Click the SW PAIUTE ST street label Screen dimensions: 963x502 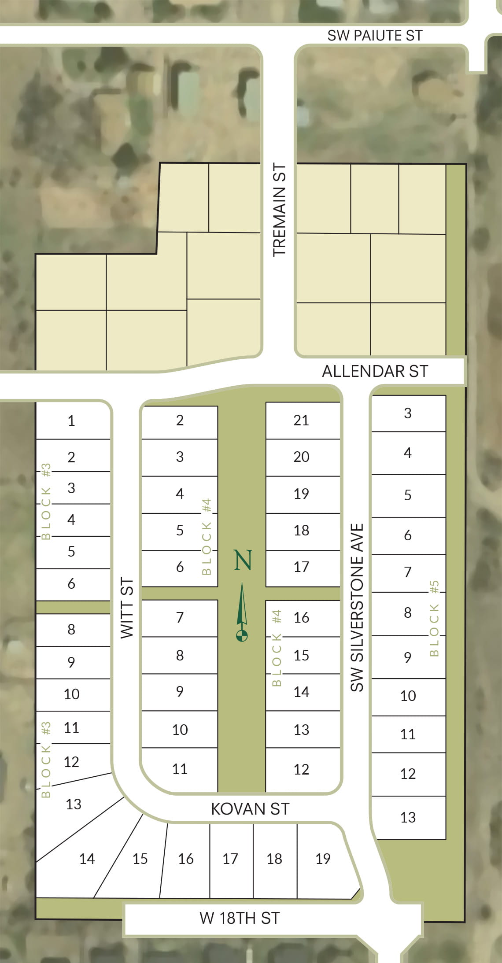point(375,36)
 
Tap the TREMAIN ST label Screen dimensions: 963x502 point(280,210)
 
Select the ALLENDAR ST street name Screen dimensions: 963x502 point(375,371)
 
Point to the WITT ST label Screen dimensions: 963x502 point(127,608)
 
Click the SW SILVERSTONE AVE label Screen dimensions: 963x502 point(357,607)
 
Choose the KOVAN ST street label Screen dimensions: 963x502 point(250,809)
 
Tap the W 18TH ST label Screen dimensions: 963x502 point(240,918)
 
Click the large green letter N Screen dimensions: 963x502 point(243,560)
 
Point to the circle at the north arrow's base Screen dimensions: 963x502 point(242,635)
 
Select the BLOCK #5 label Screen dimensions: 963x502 point(434,618)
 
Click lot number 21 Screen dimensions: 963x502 point(301,421)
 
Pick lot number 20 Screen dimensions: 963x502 point(301,457)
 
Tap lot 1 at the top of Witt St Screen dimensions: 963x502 point(71,421)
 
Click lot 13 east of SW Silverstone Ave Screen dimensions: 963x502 point(408,817)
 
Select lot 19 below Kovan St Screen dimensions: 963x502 point(323,858)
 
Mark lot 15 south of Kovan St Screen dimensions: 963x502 point(140,859)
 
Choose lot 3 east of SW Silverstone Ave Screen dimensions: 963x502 point(408,413)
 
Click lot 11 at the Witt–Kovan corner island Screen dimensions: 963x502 point(180,769)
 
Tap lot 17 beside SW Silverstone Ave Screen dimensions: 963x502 point(301,567)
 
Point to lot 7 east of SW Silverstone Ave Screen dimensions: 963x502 point(408,572)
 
